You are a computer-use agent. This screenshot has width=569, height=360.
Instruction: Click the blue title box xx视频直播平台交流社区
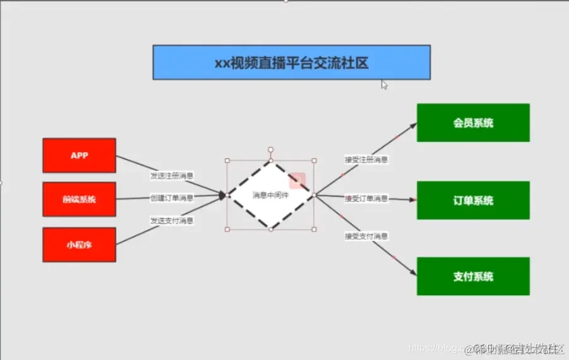[291, 63]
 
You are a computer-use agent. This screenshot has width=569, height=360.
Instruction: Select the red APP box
[79, 155]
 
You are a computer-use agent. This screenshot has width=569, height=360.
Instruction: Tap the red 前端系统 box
[79, 200]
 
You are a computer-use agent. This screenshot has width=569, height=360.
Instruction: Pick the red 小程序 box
[79, 244]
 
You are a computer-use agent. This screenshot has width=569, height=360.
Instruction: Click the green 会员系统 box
[473, 123]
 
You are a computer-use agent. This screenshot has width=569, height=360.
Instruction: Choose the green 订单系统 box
[473, 200]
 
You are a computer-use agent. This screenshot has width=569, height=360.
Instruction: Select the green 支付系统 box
[473, 276]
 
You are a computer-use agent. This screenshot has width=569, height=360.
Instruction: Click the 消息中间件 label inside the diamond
[271, 195]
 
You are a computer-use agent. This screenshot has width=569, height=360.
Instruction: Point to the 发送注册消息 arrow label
[172, 175]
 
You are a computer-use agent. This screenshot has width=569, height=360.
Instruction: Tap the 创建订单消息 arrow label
[172, 198]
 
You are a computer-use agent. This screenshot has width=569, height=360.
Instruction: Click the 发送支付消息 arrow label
[172, 220]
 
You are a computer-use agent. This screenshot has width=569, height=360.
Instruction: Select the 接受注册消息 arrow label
[366, 160]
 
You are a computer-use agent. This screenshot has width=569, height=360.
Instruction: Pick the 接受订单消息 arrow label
[366, 198]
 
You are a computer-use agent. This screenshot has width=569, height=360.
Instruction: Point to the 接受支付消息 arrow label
[366, 236]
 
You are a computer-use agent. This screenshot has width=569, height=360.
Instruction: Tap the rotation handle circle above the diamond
[270, 150]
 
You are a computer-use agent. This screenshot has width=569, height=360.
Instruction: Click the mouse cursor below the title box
[384, 84]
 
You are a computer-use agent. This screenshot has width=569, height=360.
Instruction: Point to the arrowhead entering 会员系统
[413, 125]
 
